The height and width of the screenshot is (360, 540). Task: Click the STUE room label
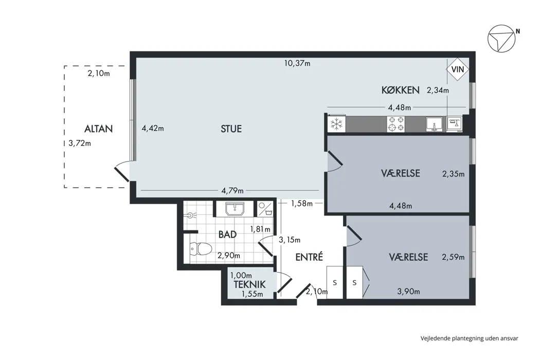tap(231, 129)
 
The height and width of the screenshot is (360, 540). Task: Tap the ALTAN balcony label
tap(99, 129)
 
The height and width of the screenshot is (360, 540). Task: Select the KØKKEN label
tap(400, 91)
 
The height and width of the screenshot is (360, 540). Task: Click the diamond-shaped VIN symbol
tap(458, 69)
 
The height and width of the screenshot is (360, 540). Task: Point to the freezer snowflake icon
tap(336, 124)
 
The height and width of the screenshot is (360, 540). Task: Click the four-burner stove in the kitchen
tap(396, 124)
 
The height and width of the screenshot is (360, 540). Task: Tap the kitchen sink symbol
tap(434, 124)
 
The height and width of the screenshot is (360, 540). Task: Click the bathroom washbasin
tap(235, 209)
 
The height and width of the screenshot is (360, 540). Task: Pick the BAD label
tap(227, 235)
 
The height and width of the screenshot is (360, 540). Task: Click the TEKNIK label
tap(249, 284)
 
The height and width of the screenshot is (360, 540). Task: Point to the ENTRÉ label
tap(309, 257)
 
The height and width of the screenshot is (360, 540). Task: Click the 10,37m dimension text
tap(297, 63)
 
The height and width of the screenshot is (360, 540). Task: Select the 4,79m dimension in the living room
tap(232, 190)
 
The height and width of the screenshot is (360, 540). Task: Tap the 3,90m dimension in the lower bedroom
tap(408, 292)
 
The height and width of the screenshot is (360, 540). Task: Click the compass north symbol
tap(501, 39)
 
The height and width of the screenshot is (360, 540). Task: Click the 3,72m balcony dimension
tap(80, 143)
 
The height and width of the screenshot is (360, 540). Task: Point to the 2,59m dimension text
tap(453, 257)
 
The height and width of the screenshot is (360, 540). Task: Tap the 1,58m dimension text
tap(302, 204)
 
